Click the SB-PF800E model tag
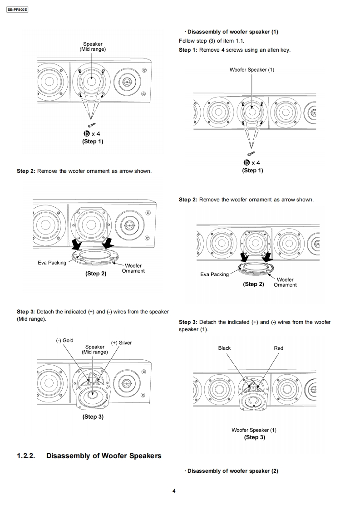(18, 8)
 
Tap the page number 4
(174, 490)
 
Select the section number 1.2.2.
(26, 455)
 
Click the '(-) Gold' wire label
(64, 340)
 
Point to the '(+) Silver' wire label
(121, 343)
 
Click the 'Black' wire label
(224, 348)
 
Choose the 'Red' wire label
(278, 348)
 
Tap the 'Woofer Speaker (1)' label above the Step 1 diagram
(252, 70)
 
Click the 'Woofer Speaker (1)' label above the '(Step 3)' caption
(254, 430)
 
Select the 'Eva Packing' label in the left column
(52, 263)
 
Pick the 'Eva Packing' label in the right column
(214, 274)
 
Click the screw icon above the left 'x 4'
(92, 124)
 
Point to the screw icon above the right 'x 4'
(252, 154)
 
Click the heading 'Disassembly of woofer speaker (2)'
(232, 471)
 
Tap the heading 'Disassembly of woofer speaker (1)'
(232, 32)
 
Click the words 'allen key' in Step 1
(278, 50)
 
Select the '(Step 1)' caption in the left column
(93, 142)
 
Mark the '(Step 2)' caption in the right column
(253, 284)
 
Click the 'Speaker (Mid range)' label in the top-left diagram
(93, 46)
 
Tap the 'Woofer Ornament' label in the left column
(133, 268)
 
